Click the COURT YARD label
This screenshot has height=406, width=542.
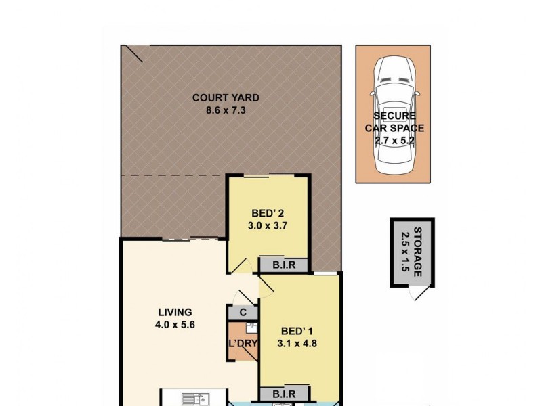coord(225,97)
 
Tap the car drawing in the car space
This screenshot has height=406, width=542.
coord(394,112)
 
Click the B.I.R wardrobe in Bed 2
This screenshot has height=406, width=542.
coord(284,265)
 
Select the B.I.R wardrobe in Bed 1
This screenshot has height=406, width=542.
coord(284,393)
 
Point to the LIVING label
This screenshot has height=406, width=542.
coord(175,312)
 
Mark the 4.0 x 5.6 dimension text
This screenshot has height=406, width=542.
coord(175,324)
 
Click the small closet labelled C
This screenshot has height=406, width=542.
coord(243,313)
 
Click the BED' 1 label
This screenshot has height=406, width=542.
coord(299,331)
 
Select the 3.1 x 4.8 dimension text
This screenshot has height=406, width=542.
coord(299,343)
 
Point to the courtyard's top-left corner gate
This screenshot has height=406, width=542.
coord(133,54)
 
